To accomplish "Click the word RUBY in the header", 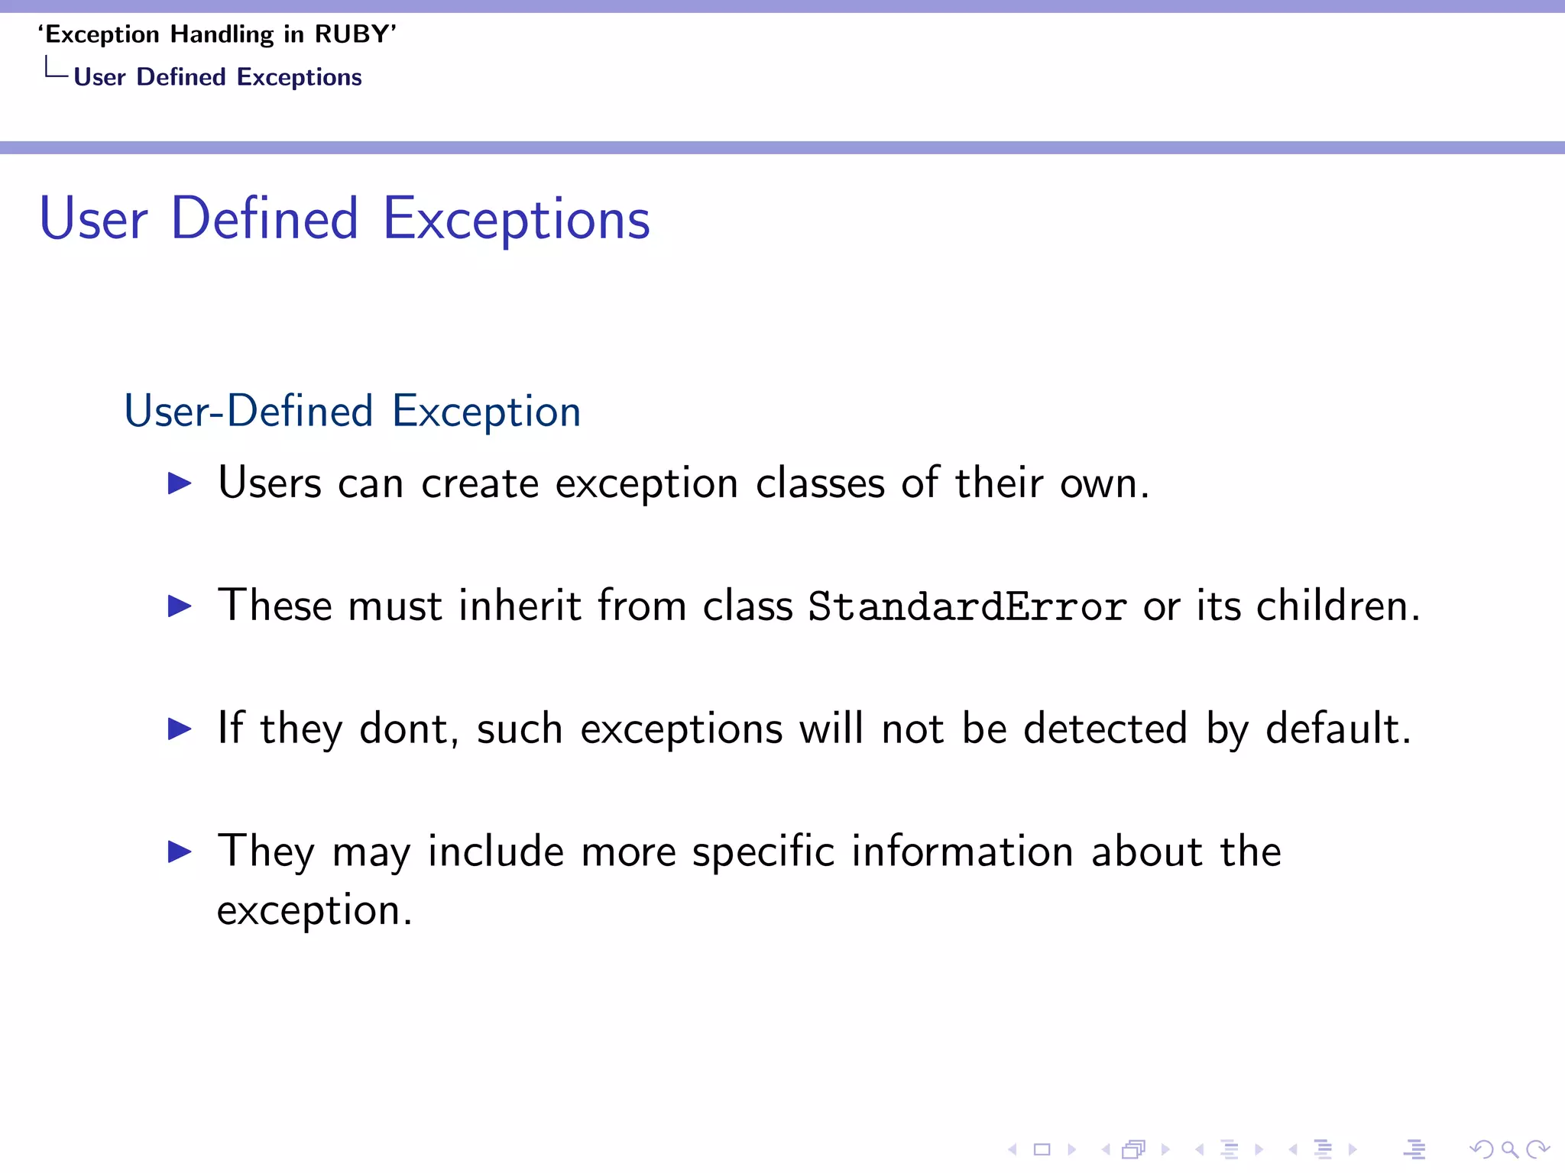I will [x=352, y=35].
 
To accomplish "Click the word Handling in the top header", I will [x=222, y=35].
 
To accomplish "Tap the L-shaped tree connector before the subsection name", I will [x=56, y=69].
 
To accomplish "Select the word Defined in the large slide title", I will [x=264, y=219].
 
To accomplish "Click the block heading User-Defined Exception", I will [x=352, y=412].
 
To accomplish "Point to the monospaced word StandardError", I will [x=967, y=607].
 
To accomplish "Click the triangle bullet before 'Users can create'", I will [x=180, y=483].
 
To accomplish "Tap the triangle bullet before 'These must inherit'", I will [x=180, y=606].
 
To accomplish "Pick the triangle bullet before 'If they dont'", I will [x=180, y=729].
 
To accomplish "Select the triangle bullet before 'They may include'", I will [x=180, y=851].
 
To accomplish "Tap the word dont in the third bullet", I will [x=403, y=729].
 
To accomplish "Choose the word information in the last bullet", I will [x=962, y=851].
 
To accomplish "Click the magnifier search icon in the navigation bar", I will [x=1509, y=1149].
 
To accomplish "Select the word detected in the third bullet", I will [x=1105, y=729].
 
